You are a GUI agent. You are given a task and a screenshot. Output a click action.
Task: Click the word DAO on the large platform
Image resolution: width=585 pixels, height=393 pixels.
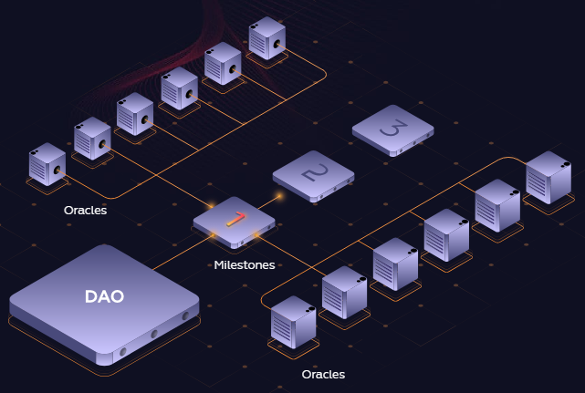pos(104,296)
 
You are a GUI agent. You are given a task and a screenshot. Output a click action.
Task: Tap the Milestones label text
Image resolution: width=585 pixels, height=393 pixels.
pos(244,265)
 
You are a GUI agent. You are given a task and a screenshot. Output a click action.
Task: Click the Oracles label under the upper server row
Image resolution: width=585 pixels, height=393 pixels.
pos(85,211)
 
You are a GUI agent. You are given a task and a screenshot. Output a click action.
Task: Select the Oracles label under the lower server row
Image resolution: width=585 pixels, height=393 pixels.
pos(323,374)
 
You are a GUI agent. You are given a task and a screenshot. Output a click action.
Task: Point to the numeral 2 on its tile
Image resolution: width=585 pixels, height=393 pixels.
pos(313,172)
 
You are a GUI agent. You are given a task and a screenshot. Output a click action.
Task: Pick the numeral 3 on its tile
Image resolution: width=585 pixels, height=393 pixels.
pos(392,129)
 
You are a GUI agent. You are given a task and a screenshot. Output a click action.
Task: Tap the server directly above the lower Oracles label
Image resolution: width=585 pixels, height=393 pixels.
pos(293,322)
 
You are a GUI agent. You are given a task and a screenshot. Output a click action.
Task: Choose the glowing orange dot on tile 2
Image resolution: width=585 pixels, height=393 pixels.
pos(279,195)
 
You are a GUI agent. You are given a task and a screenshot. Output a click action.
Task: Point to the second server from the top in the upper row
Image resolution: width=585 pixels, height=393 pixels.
pos(223,63)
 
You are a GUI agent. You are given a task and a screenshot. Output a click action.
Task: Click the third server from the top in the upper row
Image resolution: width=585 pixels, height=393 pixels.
pos(180,88)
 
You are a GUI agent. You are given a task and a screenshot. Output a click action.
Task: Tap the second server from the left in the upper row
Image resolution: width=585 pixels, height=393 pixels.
pos(92,138)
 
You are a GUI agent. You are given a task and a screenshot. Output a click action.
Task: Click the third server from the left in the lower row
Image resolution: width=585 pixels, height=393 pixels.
pos(395,263)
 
